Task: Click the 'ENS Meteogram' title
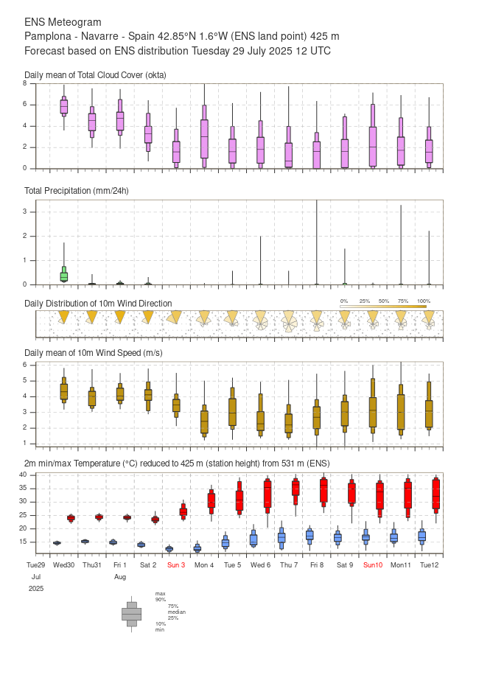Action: (x=63, y=23)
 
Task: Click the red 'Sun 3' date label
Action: (x=175, y=564)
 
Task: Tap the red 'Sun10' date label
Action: (x=373, y=564)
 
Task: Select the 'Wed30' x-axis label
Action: (x=64, y=564)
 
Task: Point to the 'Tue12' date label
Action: (x=430, y=564)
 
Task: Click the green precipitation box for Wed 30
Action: (x=64, y=276)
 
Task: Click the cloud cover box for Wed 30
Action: (x=64, y=106)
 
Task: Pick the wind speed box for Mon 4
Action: (x=204, y=421)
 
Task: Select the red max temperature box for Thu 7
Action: (x=296, y=489)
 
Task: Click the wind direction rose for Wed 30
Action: (x=64, y=316)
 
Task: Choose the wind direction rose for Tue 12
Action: (x=429, y=318)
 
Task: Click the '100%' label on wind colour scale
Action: (x=423, y=301)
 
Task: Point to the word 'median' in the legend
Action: (x=176, y=612)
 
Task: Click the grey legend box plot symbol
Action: (x=131, y=613)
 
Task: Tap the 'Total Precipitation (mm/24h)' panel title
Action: (x=77, y=191)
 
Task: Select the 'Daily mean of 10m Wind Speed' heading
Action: (x=94, y=354)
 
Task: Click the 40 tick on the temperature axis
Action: (x=23, y=475)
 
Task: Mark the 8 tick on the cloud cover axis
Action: (x=25, y=83)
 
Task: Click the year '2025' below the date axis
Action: (x=36, y=589)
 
